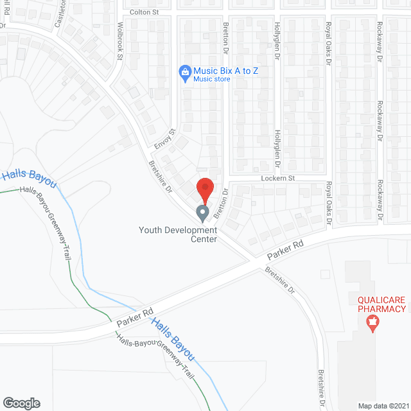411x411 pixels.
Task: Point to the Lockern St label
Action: (x=277, y=178)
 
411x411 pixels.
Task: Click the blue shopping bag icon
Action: (x=185, y=72)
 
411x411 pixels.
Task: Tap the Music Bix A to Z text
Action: (x=226, y=70)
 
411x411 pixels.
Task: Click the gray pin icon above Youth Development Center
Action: (x=203, y=212)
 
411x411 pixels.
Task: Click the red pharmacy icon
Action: (x=371, y=324)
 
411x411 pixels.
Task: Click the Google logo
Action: (x=21, y=403)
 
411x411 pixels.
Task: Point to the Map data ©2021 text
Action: (x=383, y=405)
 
